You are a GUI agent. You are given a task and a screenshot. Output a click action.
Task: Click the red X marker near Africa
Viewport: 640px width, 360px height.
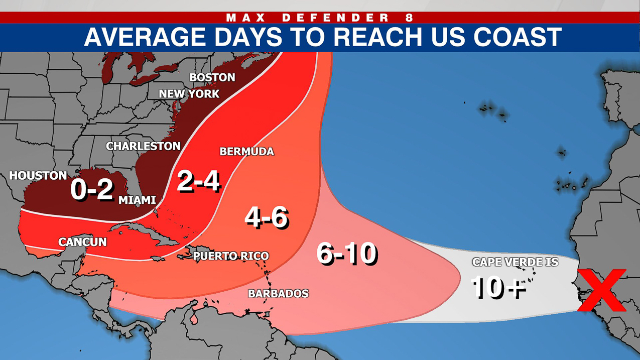(x=601, y=290)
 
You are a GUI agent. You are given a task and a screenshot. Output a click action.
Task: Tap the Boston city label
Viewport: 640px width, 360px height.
(x=212, y=77)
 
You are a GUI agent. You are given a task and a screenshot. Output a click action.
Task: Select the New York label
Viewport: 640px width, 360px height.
(x=189, y=94)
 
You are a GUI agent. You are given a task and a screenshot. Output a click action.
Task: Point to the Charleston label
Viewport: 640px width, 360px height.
(x=143, y=146)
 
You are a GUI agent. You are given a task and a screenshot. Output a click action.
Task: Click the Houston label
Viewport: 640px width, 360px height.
(x=38, y=176)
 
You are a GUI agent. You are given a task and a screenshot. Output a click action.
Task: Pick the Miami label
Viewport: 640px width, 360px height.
(x=137, y=200)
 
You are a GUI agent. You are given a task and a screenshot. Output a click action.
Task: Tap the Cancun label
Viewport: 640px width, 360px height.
(x=82, y=242)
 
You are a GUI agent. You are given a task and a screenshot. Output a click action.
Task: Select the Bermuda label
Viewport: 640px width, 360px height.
(x=246, y=151)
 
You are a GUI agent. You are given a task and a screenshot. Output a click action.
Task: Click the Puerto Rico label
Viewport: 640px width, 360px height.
(x=231, y=256)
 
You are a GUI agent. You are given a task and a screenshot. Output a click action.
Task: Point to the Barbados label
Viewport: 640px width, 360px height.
(x=278, y=294)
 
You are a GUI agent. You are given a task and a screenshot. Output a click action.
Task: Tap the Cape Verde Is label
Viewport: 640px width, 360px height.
(x=515, y=262)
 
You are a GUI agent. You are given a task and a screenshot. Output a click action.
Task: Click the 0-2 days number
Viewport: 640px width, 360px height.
(x=91, y=189)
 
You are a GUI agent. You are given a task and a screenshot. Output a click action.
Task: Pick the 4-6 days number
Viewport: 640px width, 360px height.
(x=266, y=217)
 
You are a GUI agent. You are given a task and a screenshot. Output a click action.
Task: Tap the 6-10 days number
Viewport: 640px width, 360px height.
(x=346, y=253)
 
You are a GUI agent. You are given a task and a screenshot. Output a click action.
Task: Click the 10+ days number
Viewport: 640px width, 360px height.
(x=497, y=287)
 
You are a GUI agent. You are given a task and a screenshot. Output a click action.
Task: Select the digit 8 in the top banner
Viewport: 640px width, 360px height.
(x=409, y=18)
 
